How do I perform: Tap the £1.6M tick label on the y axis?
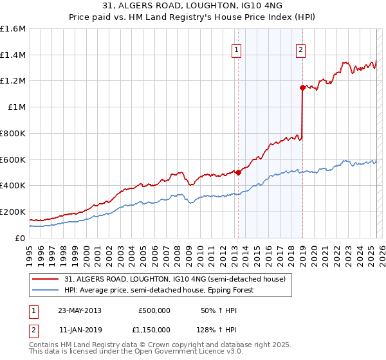tap(13, 29)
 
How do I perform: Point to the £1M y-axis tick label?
tap(17, 107)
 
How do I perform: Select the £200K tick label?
tap(13, 212)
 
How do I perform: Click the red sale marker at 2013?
tap(238, 172)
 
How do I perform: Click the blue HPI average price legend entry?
tap(159, 290)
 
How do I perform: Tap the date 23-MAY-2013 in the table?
tap(79, 310)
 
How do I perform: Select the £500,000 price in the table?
tap(154, 310)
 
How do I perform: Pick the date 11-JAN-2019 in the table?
tap(79, 330)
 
